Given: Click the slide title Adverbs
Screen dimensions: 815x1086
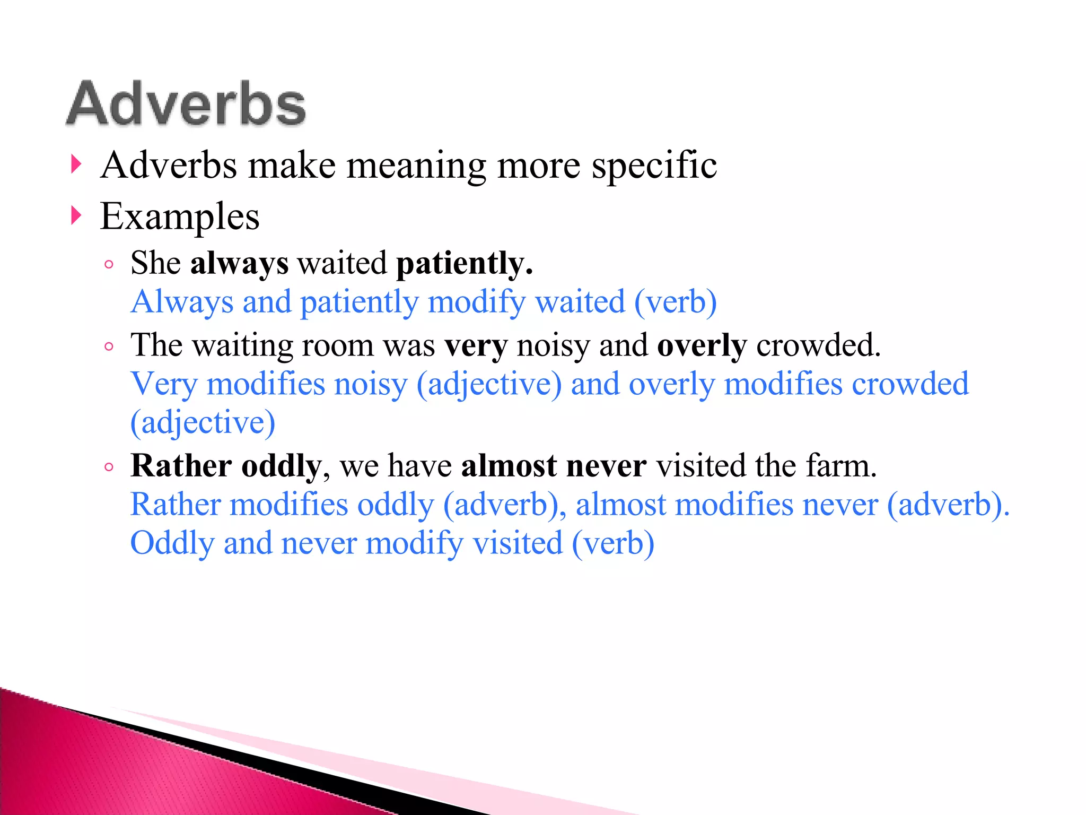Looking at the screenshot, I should tap(186, 104).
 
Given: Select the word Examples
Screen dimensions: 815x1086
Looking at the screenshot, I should tap(180, 217).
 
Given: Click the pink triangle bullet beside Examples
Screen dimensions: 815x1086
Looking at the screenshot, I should tap(76, 216).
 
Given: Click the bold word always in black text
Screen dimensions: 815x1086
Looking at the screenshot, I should tap(239, 263).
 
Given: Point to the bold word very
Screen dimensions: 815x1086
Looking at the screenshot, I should tap(476, 346).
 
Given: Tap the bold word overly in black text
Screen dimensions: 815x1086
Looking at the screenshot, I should tap(702, 346).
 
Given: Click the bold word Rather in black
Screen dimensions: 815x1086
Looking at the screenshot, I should tap(181, 466).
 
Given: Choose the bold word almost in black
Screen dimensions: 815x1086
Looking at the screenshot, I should tap(509, 466).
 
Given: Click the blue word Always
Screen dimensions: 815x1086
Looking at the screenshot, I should tap(182, 302).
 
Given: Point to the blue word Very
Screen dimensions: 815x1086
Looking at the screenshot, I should tap(164, 384).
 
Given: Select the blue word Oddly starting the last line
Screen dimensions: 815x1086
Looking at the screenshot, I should tap(172, 543).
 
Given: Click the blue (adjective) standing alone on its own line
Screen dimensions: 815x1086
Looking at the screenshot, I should tap(203, 423).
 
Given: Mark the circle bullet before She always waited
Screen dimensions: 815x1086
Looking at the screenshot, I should tap(109, 264).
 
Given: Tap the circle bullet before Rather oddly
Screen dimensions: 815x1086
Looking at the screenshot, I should tap(109, 467).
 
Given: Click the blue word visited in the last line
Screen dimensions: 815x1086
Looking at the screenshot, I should tap(517, 543).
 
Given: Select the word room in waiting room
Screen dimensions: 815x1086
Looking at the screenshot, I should tap(338, 345).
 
